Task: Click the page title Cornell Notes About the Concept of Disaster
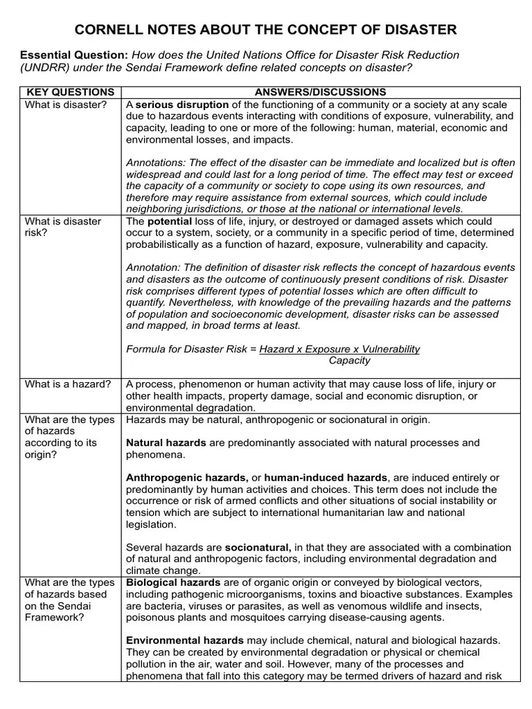265,29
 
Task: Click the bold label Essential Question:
74,55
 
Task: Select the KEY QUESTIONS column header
70,92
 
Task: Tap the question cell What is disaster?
66,105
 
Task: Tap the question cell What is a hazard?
68,384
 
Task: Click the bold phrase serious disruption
177,105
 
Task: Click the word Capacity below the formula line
349,360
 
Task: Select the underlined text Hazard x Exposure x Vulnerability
339,349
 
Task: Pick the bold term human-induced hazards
326,478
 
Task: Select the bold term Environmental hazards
184,640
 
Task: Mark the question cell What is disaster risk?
63,226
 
